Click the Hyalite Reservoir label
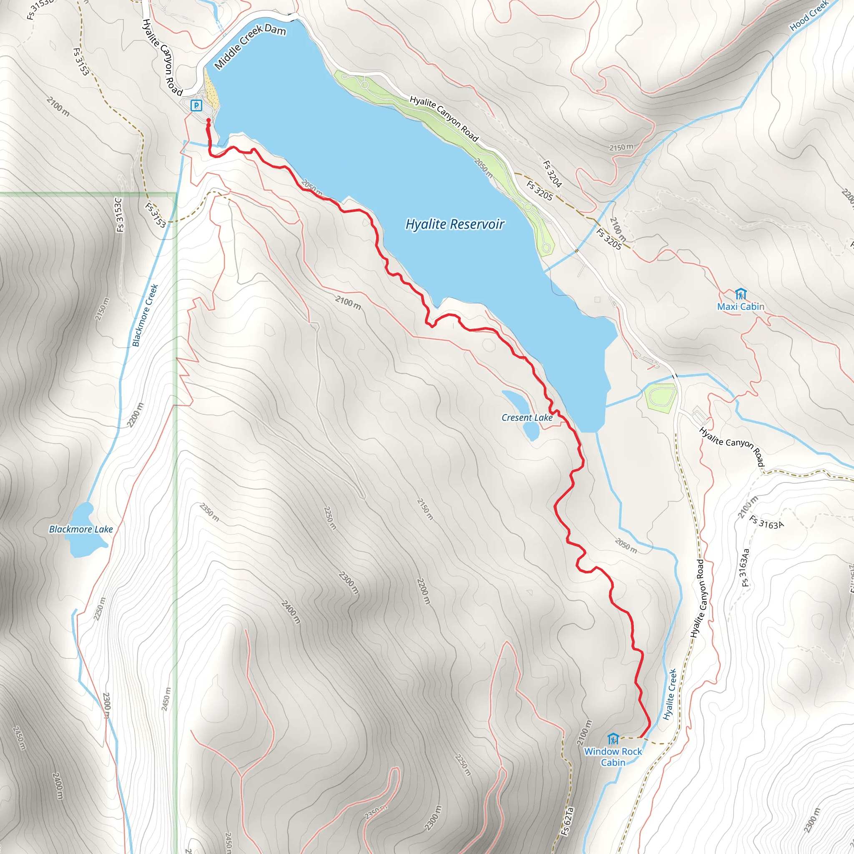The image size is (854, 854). click(x=455, y=225)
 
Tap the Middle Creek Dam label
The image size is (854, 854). click(x=250, y=46)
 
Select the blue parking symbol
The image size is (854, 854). click(x=196, y=105)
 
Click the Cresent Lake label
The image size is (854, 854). click(x=527, y=418)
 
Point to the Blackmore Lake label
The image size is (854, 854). click(x=81, y=530)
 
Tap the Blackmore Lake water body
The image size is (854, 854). click(x=81, y=531)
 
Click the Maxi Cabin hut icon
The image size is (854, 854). click(x=741, y=294)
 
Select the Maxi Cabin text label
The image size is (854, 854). click(x=741, y=307)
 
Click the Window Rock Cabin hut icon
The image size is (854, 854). click(x=613, y=738)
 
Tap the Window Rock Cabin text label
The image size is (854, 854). click(x=613, y=757)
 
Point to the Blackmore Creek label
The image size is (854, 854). click(x=145, y=315)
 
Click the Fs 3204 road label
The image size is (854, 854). click(x=552, y=174)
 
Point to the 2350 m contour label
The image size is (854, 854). click(x=209, y=512)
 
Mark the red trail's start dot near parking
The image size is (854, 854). click(x=208, y=120)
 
